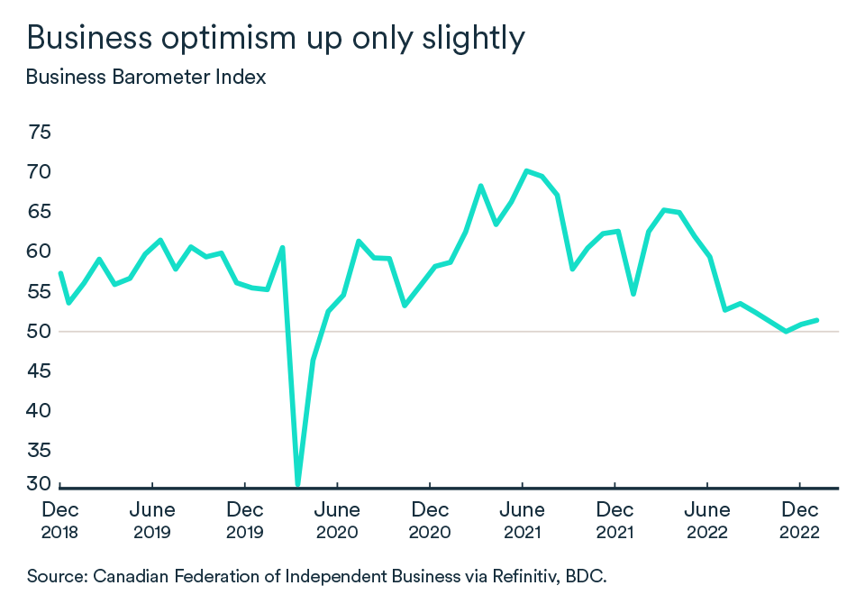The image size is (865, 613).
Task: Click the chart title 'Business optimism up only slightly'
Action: pyautogui.click(x=275, y=37)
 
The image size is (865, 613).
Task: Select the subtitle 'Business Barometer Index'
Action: pyautogui.click(x=146, y=77)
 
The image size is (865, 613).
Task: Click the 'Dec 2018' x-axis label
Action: pyautogui.click(x=59, y=521)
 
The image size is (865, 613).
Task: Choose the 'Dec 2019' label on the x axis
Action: pyautogui.click(x=245, y=521)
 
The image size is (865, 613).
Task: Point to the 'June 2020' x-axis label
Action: pyautogui.click(x=337, y=521)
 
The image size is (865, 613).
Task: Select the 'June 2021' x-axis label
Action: pyautogui.click(x=523, y=521)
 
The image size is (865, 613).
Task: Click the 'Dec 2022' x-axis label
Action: pyautogui.click(x=800, y=521)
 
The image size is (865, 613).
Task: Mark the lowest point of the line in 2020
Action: pyautogui.click(x=297, y=484)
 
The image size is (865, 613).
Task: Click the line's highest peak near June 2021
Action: pyautogui.click(x=526, y=170)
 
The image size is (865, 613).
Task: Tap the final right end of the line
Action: pyautogui.click(x=816, y=320)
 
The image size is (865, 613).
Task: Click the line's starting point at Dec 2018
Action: pyautogui.click(x=59, y=273)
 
